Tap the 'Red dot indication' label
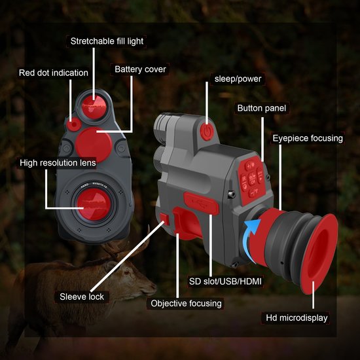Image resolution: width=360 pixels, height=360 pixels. pyautogui.click(x=54, y=73)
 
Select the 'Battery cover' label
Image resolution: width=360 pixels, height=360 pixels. pyautogui.click(x=140, y=69)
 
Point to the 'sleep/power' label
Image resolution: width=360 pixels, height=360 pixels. pyautogui.click(x=238, y=79)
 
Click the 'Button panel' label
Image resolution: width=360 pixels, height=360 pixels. pyautogui.click(x=262, y=108)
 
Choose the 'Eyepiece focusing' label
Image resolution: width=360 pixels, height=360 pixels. pyautogui.click(x=308, y=138)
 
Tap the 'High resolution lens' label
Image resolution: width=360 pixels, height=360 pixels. pyautogui.click(x=58, y=162)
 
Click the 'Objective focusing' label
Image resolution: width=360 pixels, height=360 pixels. pyautogui.click(x=187, y=303)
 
